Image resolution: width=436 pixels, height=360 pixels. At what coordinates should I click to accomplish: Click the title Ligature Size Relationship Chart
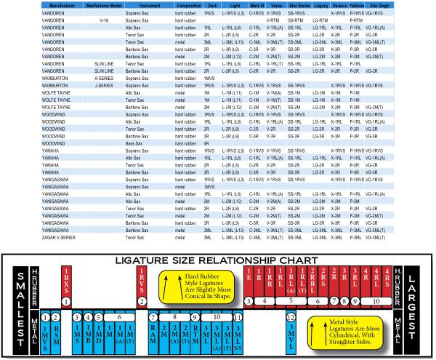tap(217, 260)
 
